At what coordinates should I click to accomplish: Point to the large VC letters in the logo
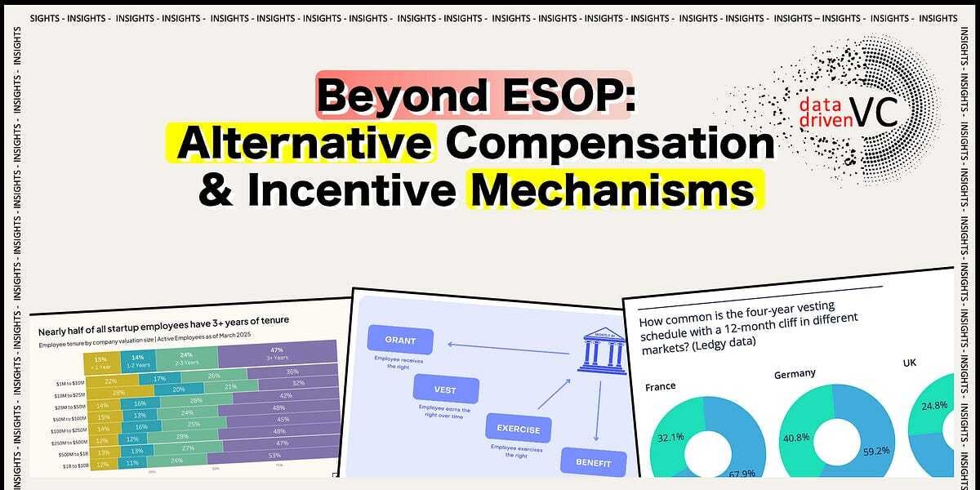[x=873, y=112]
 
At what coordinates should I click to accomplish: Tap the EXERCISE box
[x=519, y=429]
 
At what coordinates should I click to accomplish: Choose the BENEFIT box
[x=593, y=462]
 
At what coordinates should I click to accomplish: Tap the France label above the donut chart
[x=661, y=386]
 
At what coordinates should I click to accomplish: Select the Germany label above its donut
[x=795, y=373]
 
